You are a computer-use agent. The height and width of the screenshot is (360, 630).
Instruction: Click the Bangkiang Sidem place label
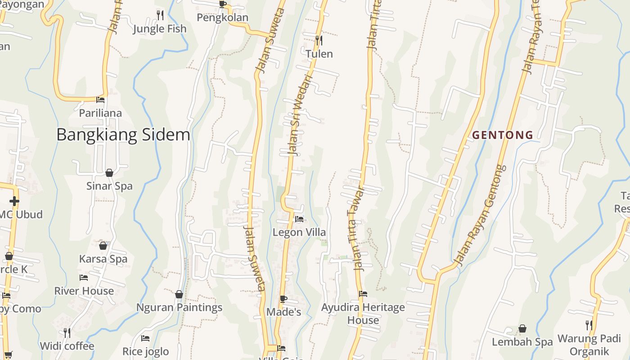click(x=123, y=135)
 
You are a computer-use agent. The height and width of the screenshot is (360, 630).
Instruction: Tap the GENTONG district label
click(x=503, y=135)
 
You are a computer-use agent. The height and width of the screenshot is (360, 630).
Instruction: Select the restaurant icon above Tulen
click(x=319, y=40)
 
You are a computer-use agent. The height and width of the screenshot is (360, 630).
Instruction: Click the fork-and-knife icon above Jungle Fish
click(x=160, y=15)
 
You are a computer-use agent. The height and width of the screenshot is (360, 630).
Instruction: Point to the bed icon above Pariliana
click(x=100, y=99)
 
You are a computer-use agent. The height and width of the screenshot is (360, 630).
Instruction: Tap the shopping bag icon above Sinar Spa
click(x=109, y=172)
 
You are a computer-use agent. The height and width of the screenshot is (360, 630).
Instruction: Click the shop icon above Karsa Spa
click(x=103, y=245)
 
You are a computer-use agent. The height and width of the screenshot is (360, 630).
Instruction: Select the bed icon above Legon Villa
click(x=299, y=219)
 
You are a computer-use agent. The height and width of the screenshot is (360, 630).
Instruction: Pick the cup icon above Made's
click(x=283, y=298)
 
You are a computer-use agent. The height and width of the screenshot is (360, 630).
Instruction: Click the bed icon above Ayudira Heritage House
click(x=363, y=294)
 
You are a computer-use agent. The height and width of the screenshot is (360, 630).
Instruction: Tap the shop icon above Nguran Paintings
click(x=179, y=294)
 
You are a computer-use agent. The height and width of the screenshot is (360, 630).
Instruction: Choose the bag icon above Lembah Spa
click(x=522, y=328)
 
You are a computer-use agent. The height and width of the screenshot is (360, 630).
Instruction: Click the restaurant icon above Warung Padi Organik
click(x=588, y=325)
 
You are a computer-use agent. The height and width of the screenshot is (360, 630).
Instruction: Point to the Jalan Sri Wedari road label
click(x=299, y=115)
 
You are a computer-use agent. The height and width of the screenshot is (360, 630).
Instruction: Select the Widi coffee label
click(x=67, y=346)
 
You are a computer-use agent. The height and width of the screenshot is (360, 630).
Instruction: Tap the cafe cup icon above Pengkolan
click(x=222, y=4)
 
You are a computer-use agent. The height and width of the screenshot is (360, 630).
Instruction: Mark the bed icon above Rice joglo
click(x=145, y=338)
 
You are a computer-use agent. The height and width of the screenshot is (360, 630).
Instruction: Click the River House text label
click(x=84, y=291)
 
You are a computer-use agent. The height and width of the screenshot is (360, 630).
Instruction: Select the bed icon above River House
click(x=84, y=277)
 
